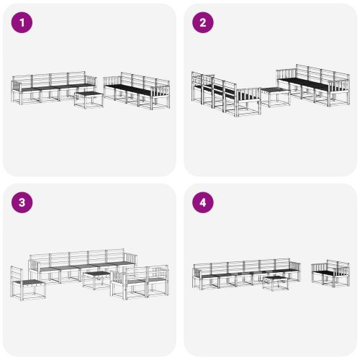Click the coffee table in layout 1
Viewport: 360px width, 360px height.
click(89, 99)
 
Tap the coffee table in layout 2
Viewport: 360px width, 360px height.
click(274, 96)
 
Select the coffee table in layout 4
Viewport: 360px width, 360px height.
click(274, 282)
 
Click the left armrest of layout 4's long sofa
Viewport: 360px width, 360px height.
click(196, 276)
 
